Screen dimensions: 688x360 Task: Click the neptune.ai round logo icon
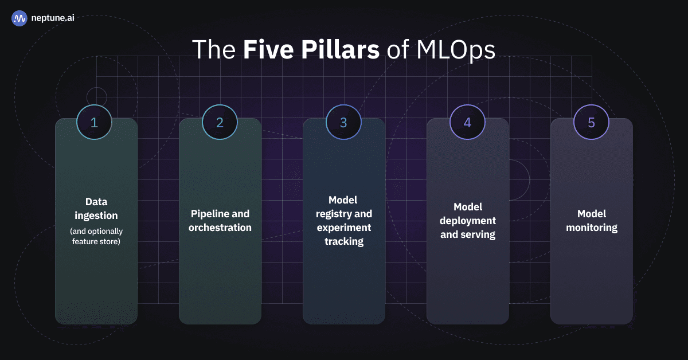point(19,18)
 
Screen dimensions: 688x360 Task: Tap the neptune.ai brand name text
point(53,18)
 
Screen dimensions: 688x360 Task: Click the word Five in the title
point(268,49)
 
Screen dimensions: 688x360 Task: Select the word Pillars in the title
point(340,49)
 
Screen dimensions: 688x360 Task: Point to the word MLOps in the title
point(456,50)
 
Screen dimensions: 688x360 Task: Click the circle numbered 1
point(94,122)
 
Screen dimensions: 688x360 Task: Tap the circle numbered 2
point(220,122)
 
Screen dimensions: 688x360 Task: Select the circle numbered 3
point(343,122)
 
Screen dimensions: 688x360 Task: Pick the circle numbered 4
point(467,122)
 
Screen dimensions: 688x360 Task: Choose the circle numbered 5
point(591,122)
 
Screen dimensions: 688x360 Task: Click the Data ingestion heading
point(96,209)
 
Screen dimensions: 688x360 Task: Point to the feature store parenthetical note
point(96,236)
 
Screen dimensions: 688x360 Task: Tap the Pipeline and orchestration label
point(220,221)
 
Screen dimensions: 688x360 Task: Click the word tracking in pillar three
point(344,241)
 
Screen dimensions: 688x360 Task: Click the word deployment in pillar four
point(468,221)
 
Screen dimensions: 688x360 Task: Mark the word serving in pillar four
point(478,234)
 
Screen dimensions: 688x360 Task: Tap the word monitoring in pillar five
point(592,228)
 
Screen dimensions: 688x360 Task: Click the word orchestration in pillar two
point(220,228)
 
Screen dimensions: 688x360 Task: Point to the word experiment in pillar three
point(344,228)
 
